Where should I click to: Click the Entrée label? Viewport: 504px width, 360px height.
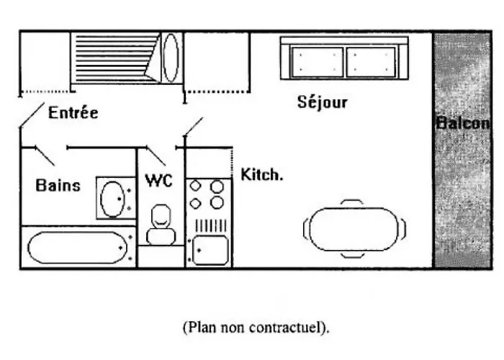73,113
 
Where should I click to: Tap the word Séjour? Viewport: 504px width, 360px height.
323,102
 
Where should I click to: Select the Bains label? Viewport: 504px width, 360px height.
58,185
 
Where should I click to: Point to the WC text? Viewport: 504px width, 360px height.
158,181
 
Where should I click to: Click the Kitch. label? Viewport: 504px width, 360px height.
261,175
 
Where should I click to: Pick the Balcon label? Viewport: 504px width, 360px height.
462,123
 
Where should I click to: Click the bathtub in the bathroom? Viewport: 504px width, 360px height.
77,247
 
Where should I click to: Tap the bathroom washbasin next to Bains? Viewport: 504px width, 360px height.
112,198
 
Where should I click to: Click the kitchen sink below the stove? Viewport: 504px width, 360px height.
209,250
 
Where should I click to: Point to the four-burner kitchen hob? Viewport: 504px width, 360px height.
207,194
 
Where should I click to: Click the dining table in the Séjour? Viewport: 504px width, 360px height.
354,230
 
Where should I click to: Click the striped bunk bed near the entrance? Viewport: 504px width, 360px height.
115,58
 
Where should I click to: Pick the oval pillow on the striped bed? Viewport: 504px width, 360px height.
171,57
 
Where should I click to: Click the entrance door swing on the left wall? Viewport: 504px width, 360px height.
30,115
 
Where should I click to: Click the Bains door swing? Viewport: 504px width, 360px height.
45,155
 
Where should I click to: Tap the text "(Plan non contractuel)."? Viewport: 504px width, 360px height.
256,328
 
